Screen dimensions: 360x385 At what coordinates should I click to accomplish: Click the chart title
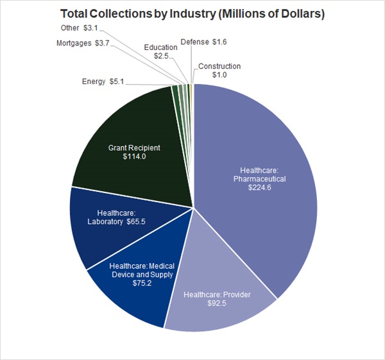(192, 13)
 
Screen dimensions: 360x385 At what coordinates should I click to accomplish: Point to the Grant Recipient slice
(128, 128)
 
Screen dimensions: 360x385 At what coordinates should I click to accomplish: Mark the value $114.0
(133, 157)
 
